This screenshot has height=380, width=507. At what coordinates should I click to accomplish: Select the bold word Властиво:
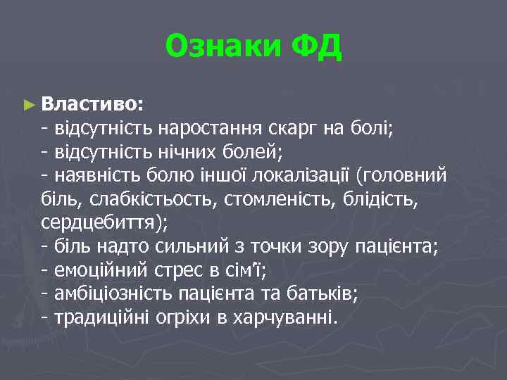[93, 104]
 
